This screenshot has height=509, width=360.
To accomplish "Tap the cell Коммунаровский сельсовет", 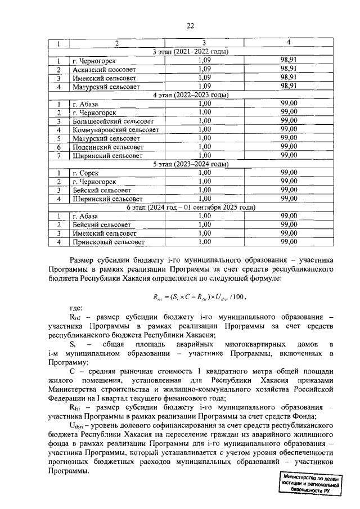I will point(115,129).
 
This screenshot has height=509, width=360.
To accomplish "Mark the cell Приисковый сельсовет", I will point(108,242).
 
